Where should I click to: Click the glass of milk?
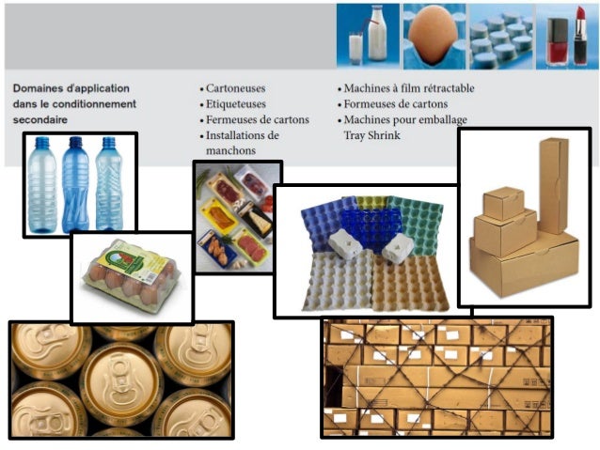(356, 48)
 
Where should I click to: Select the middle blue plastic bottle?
(75, 183)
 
